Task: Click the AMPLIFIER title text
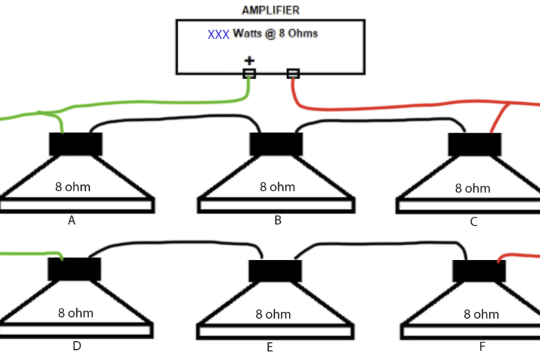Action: pyautogui.click(x=270, y=10)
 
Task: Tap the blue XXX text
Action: pyautogui.click(x=218, y=34)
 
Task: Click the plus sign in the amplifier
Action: pyautogui.click(x=249, y=61)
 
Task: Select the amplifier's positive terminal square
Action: pyautogui.click(x=249, y=73)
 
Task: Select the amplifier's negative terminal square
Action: pyautogui.click(x=293, y=73)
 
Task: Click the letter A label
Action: pyautogui.click(x=71, y=220)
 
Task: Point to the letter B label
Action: pyautogui.click(x=277, y=220)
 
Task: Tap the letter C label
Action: pyautogui.click(x=474, y=222)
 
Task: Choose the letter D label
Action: pyautogui.click(x=76, y=346)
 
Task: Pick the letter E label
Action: pyautogui.click(x=269, y=347)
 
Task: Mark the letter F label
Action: pyautogui.click(x=482, y=346)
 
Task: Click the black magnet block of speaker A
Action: pyautogui.click(x=76, y=144)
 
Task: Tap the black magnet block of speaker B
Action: pyautogui.click(x=276, y=144)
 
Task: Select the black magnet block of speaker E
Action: pyautogui.click(x=275, y=271)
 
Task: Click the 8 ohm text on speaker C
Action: pyautogui.click(x=473, y=188)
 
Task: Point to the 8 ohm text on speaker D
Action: pyautogui.click(x=75, y=313)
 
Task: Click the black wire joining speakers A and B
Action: pyautogui.click(x=175, y=117)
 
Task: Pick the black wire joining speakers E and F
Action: pyautogui.click(x=378, y=244)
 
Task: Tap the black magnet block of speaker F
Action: pyautogui.click(x=479, y=271)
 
